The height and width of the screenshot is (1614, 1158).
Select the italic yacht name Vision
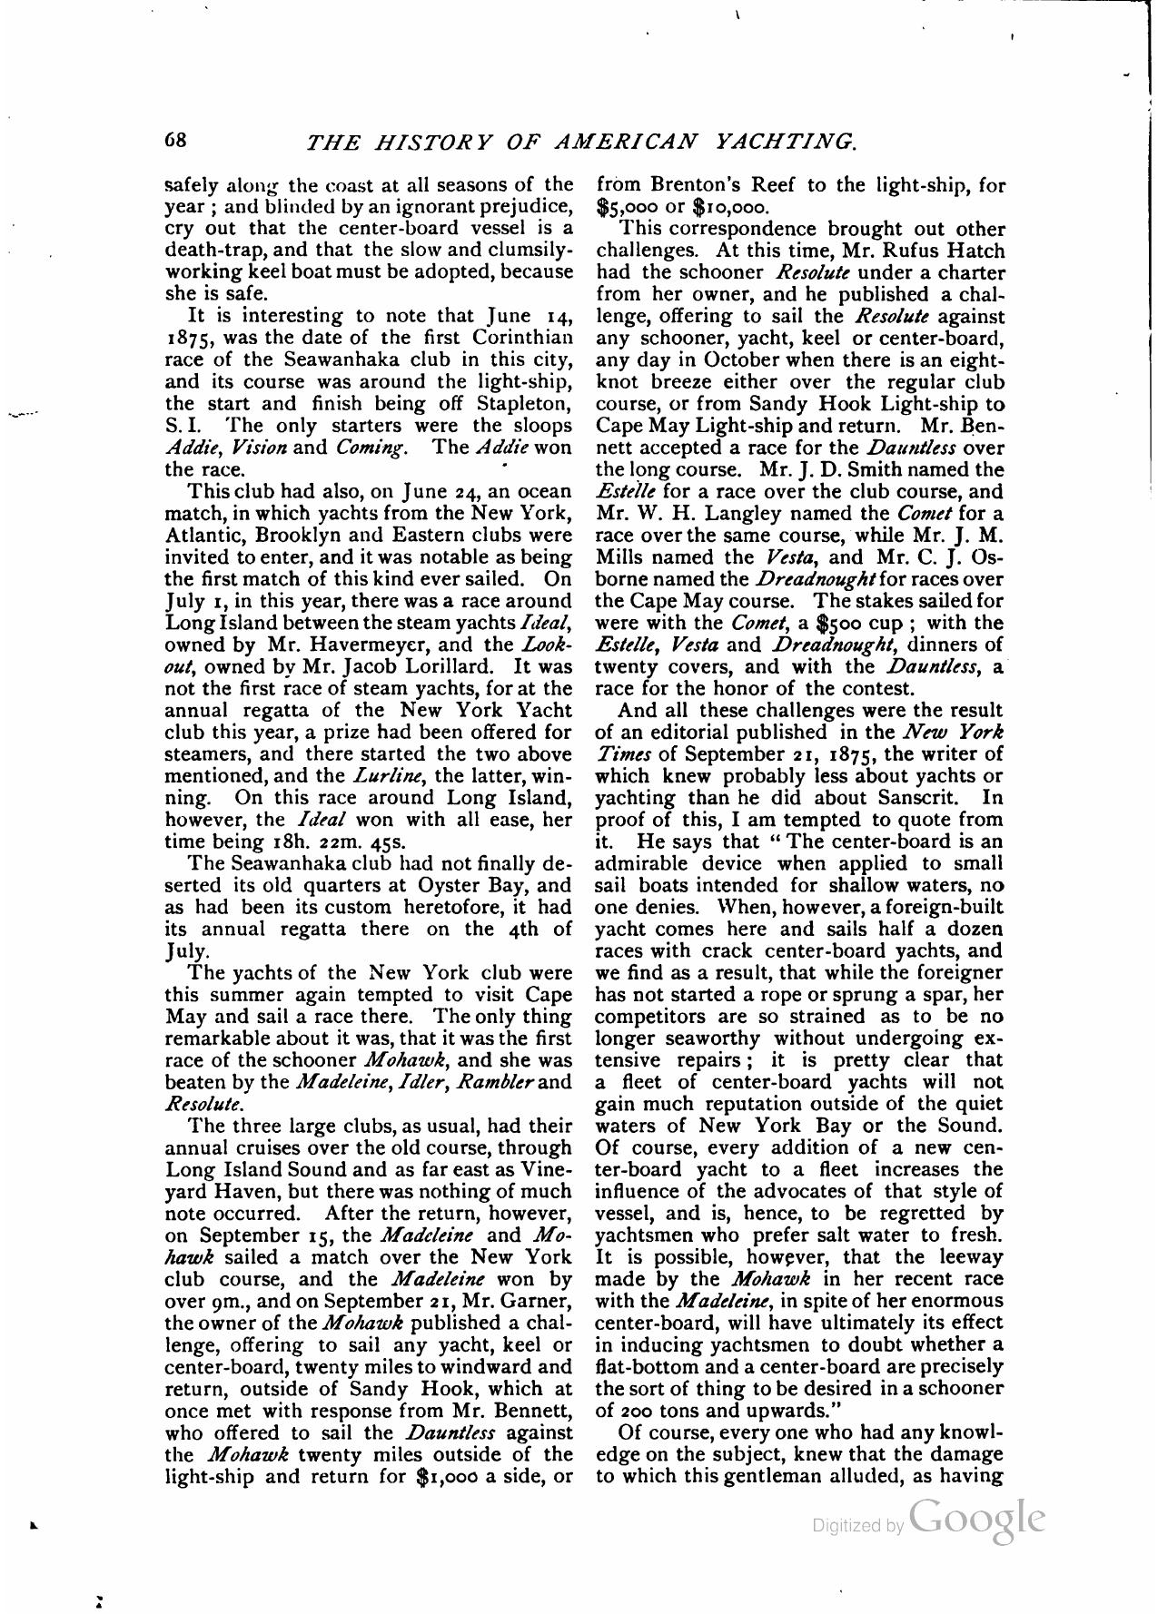pyautogui.click(x=259, y=448)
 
